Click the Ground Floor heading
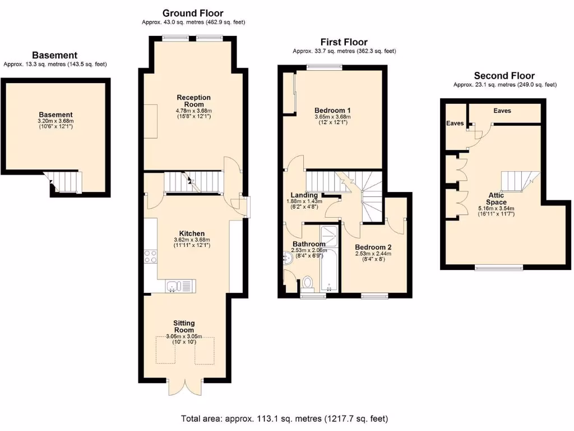193,13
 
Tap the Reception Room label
193,101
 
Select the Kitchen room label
192,233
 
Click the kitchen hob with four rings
151,256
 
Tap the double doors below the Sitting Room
184,387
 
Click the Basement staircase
64,181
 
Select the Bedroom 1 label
332,110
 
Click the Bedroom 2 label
373,247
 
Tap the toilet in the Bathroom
307,283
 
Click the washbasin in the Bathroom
288,258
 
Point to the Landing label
304,195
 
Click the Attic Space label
497,198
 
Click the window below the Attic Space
497,268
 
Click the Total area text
284,419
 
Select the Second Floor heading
504,76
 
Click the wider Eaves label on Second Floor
502,111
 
